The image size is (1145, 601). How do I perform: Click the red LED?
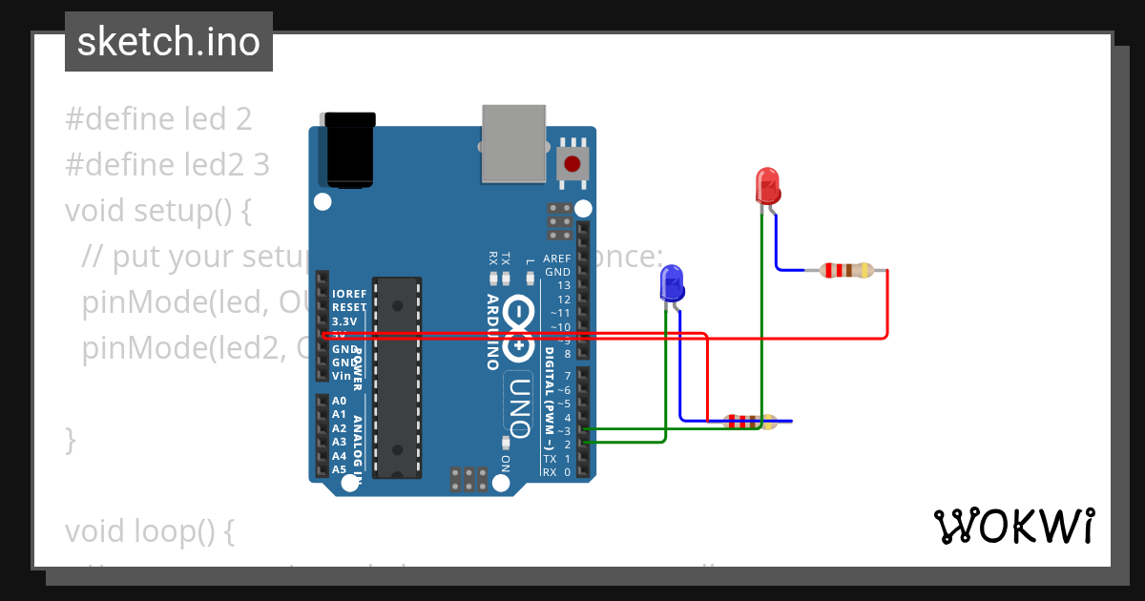(768, 185)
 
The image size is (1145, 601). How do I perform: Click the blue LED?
(672, 283)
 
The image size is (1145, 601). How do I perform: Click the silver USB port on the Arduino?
(514, 143)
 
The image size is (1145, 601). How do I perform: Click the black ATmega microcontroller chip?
(397, 377)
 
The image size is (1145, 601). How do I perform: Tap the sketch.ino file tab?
(169, 42)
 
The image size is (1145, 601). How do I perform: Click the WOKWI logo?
(1014, 527)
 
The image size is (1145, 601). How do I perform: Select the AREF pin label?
(556, 259)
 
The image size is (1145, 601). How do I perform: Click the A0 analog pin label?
(339, 401)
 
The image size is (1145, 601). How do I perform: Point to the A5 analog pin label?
(339, 469)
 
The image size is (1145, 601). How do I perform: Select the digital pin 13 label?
(563, 285)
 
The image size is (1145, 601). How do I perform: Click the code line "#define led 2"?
(158, 119)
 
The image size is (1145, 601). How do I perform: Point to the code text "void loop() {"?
(149, 530)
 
